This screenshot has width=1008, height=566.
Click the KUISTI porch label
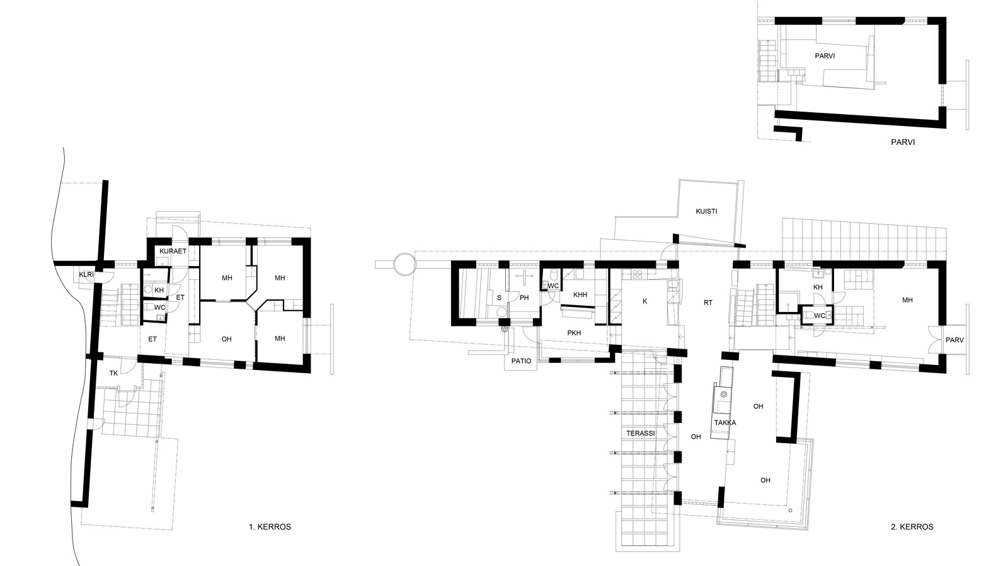706,211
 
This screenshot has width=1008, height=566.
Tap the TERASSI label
640,433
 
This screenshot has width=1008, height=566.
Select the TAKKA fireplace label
725,423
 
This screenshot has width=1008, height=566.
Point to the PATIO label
521,361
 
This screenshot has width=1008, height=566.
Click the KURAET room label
173,251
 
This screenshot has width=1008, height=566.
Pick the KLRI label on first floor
86,274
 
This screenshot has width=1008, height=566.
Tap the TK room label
114,373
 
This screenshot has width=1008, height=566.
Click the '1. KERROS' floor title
270,527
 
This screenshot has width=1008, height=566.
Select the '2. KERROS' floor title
912,527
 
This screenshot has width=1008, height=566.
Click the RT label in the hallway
708,303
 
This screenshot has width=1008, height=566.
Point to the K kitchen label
645,301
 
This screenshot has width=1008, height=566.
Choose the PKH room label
574,333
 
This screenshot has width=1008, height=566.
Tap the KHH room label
580,295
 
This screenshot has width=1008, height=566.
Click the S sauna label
499,297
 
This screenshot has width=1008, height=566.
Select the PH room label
524,297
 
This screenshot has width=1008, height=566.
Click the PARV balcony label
954,340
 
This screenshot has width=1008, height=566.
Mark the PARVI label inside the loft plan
825,56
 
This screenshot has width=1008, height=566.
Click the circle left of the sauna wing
403,263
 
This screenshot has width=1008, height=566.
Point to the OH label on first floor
226,339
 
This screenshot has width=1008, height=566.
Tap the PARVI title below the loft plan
903,142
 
